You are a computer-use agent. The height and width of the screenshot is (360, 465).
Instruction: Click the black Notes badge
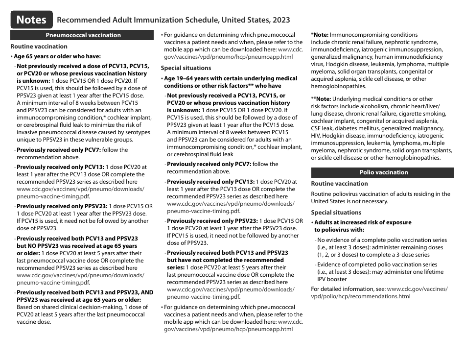coord(31,20)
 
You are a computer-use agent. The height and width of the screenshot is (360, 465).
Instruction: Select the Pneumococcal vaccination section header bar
coord(83,35)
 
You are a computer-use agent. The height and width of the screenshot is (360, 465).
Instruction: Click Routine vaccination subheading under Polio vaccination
coord(339,184)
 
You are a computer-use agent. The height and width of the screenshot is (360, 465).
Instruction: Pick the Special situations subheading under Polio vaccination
coord(336,213)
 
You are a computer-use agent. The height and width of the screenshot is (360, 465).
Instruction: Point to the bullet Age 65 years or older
coord(57,56)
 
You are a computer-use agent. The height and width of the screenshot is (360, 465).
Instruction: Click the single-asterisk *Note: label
coord(320,35)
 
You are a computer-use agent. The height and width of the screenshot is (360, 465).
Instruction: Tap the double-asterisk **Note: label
coord(321,99)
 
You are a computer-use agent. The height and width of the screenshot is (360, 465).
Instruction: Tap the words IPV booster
coord(332,279)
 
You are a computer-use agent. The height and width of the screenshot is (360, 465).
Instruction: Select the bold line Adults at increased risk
coord(363,222)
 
